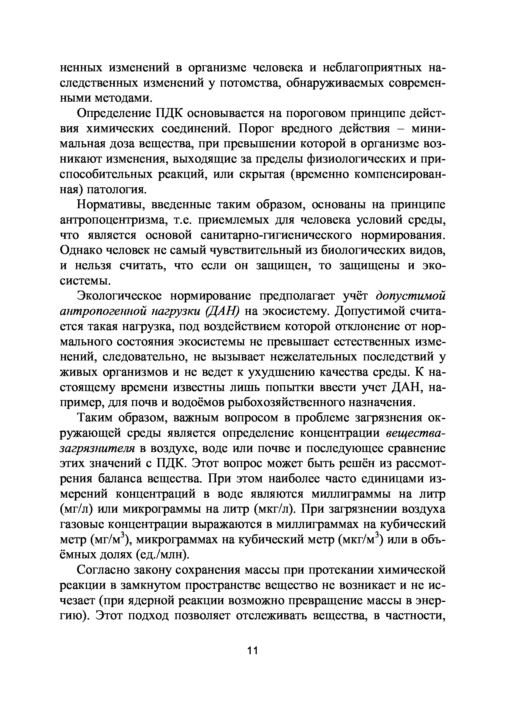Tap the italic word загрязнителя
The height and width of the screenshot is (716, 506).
[97, 449]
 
